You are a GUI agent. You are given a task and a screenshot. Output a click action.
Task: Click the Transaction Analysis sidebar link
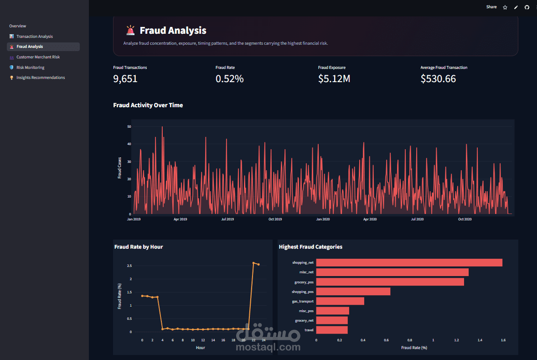pos(35,37)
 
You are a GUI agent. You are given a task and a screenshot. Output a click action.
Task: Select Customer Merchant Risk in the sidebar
pos(38,57)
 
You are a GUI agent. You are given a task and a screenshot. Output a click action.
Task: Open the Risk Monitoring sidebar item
pos(31,68)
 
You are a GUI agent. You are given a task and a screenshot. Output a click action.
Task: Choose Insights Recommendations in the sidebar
pos(41,78)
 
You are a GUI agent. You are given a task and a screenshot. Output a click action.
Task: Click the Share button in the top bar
pos(491,7)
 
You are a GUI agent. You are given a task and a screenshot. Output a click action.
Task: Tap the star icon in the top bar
pos(505,7)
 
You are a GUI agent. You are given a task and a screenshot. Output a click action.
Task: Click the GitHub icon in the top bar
pos(527,7)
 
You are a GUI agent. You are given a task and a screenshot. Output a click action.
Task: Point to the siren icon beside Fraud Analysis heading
pos(130,30)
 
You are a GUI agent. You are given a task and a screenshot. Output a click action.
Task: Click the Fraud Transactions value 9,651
pos(125,79)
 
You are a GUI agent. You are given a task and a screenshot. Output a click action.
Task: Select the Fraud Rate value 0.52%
pos(229,79)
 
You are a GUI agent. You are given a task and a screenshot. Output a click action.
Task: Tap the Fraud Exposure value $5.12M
pos(334,79)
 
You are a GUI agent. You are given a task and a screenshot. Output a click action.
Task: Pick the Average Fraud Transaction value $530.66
pos(438,79)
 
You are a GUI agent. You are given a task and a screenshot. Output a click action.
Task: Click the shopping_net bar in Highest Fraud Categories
pos(409,263)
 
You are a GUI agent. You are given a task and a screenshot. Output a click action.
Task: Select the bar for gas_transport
pos(340,301)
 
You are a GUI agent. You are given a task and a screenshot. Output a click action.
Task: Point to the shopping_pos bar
pos(353,292)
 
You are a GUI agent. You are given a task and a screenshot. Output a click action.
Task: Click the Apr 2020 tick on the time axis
pos(370,219)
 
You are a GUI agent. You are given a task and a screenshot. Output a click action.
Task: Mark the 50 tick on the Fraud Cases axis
pos(129,126)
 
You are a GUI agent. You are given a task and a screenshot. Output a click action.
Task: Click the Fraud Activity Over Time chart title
pos(148,105)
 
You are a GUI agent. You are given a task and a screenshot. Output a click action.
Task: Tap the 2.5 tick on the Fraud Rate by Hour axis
pos(129,266)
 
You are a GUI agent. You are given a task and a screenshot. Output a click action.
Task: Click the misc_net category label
pos(306,272)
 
